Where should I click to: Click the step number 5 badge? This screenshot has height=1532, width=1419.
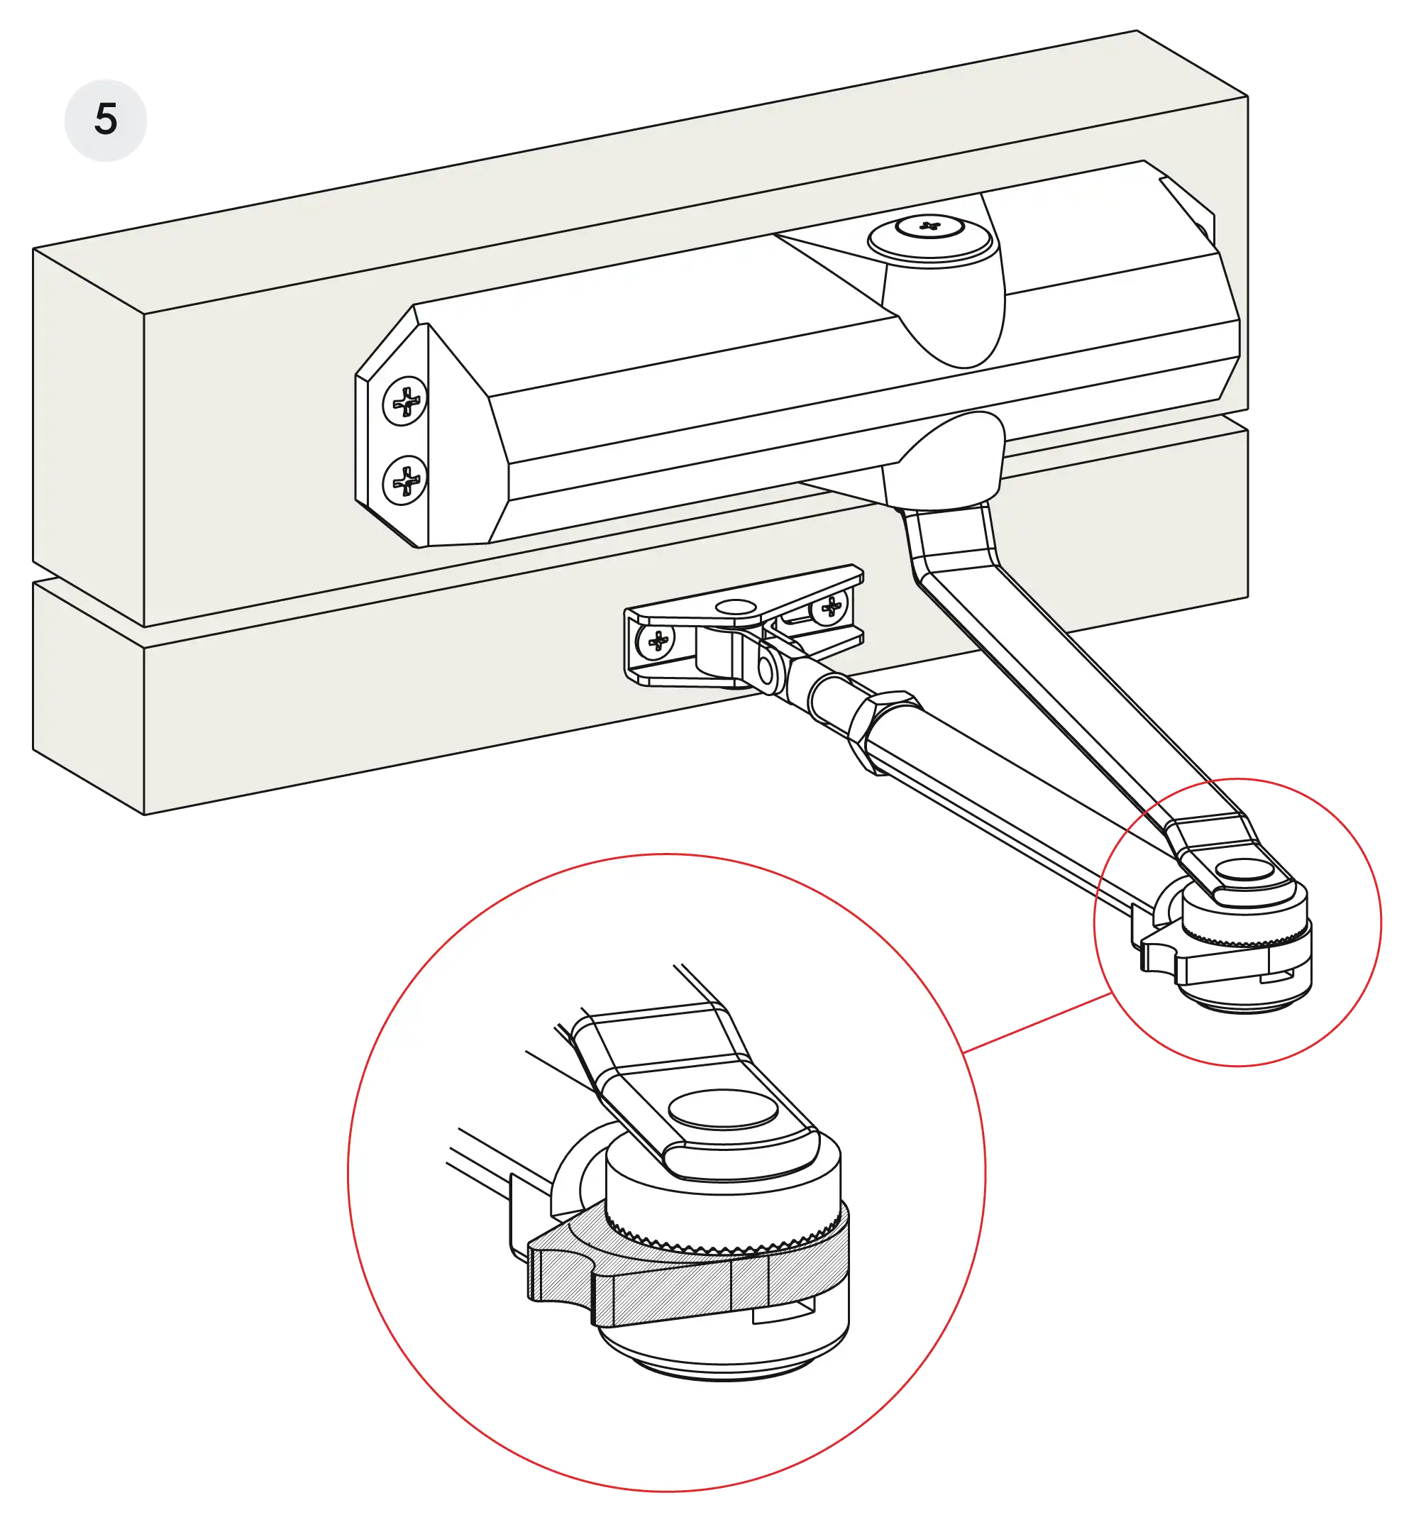coord(105,121)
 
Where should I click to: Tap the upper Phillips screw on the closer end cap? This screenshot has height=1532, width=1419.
coord(404,401)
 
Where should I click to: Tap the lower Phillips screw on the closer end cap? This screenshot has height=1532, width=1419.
coord(404,480)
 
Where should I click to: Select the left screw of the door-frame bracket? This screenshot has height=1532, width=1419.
coord(658,639)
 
